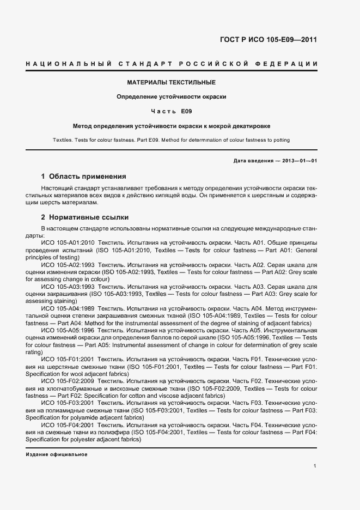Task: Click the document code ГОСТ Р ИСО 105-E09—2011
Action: point(268,40)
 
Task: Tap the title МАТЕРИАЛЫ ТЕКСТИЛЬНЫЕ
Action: point(172,82)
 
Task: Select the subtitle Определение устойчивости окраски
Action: point(172,96)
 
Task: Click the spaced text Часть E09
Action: point(172,111)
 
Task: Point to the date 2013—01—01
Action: point(298,160)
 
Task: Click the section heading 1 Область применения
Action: point(83,177)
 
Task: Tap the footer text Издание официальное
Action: point(57,454)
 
